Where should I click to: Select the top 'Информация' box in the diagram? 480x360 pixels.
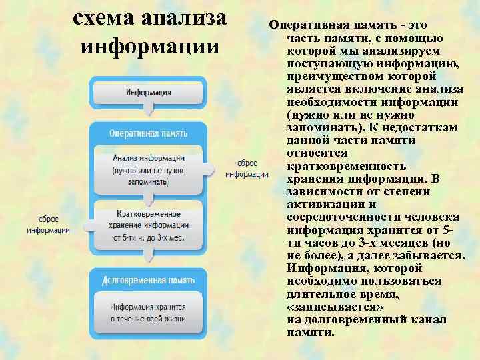(148, 92)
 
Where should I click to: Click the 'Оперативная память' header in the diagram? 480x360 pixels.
(148, 133)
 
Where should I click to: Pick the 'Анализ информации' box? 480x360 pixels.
(148, 169)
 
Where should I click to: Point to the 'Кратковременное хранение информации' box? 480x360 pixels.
(148, 225)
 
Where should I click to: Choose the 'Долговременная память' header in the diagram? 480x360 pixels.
(148, 281)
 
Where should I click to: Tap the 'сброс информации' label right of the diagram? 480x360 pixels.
(247, 169)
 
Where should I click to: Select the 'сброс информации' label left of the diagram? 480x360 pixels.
(48, 224)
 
